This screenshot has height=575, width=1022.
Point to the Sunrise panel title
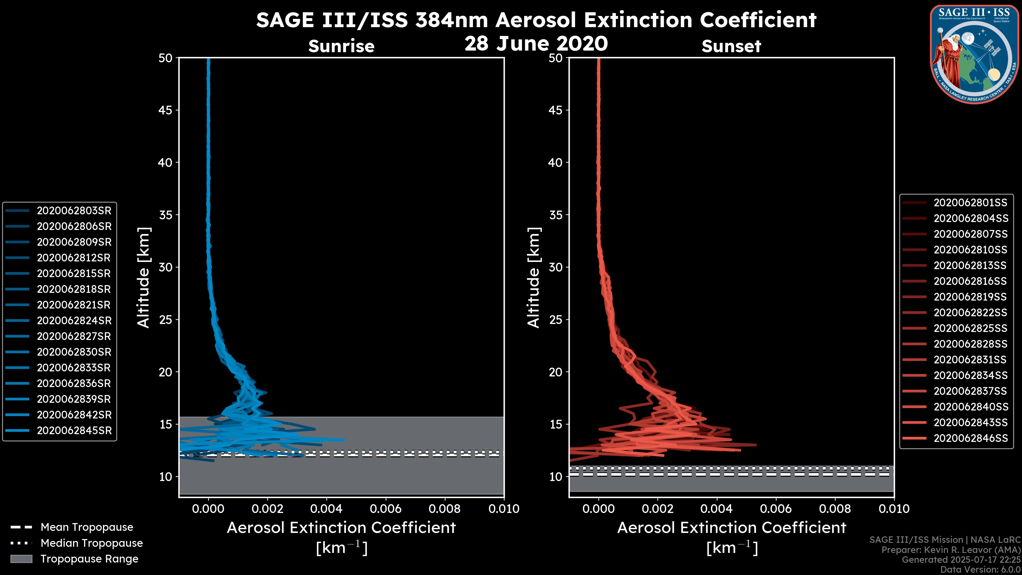(341, 46)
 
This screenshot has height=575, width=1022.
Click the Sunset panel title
(731, 46)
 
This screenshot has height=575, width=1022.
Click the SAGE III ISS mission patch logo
(974, 54)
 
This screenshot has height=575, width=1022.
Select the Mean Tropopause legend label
(87, 527)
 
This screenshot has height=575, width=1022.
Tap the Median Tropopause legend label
(92, 543)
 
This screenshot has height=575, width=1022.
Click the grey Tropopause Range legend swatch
(21, 559)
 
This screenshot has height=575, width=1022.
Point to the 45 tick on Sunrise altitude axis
(166, 110)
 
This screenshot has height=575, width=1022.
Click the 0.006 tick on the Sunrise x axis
(386, 509)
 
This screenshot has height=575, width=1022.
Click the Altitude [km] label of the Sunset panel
(534, 278)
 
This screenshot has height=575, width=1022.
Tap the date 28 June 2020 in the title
(536, 44)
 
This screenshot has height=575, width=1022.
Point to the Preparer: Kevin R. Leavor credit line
(951, 550)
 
